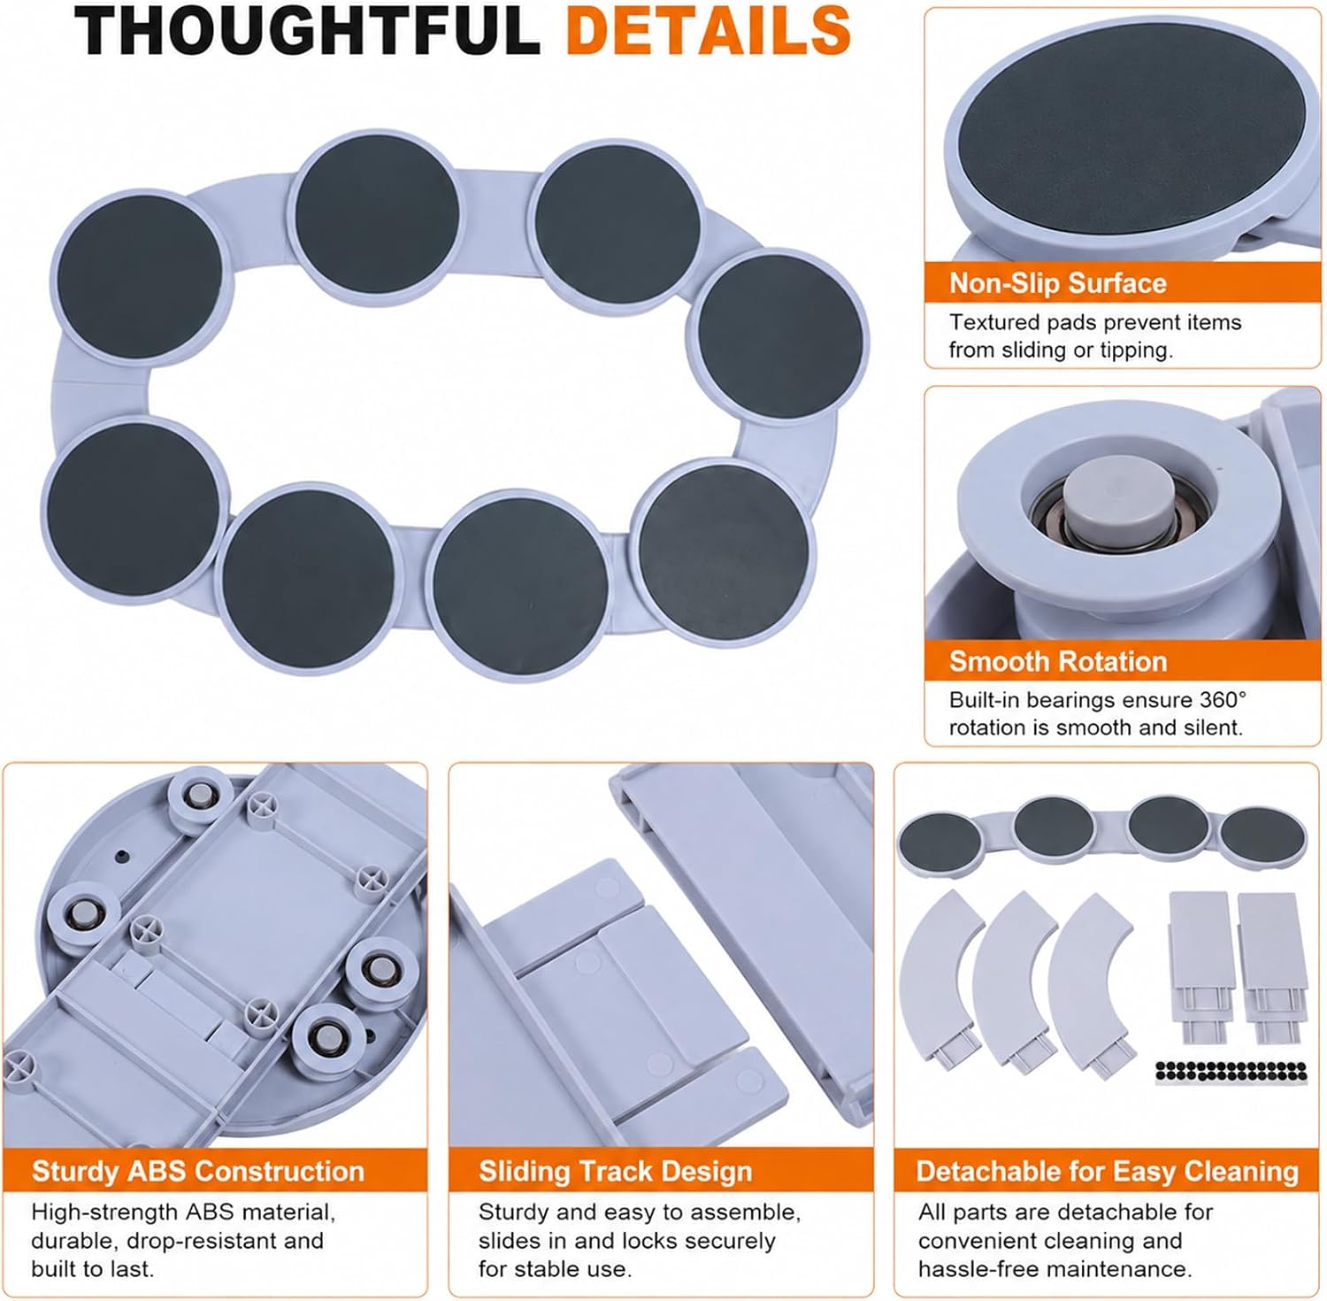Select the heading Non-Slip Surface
pos(1057,283)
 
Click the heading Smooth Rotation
pos(1058,661)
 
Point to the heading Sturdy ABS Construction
pos(198,1171)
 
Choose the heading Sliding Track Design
pos(616,1171)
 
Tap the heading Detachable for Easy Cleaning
pos(1108,1171)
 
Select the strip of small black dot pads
pos(1231,1071)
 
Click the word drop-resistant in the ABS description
pos(209,1241)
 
